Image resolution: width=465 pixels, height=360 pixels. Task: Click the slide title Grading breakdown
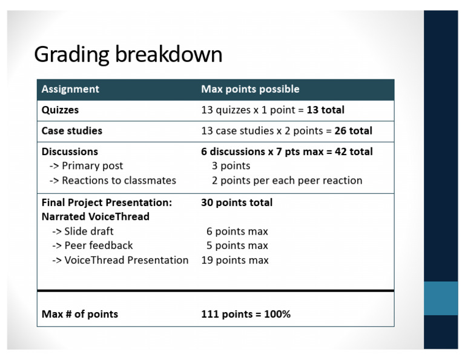pos(128,55)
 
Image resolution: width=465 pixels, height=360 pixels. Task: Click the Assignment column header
pos(70,89)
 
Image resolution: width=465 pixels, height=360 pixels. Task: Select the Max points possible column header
pos(250,89)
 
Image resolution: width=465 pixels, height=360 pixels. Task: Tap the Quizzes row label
pos(60,110)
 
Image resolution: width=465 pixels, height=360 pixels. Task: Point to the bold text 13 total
pos(325,110)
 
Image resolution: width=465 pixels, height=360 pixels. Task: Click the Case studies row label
pos(71,131)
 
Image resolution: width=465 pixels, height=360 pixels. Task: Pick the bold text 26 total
pos(353,131)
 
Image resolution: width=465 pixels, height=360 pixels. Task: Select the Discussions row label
pos(70,152)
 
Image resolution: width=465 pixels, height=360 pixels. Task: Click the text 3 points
pos(231,166)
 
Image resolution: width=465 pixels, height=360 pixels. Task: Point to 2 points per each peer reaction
pos(287,181)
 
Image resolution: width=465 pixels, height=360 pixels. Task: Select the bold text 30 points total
pos(237,202)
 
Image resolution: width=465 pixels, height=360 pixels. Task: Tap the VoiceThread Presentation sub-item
pos(120,261)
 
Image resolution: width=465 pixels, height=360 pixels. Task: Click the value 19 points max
pos(235,261)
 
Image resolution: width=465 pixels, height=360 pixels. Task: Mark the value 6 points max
pos(237,232)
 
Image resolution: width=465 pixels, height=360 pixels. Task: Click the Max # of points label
pos(79,314)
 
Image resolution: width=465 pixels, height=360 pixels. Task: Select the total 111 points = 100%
pos(246,314)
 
